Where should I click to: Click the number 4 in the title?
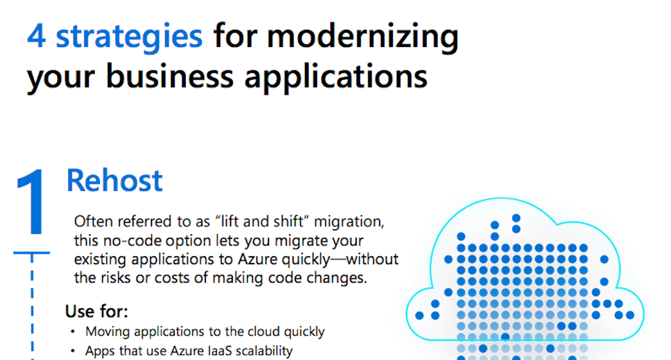(x=37, y=36)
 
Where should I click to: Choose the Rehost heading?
(x=115, y=181)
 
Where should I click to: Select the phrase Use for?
(x=96, y=312)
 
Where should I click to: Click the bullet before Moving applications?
(x=73, y=332)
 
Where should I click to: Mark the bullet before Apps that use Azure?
(x=73, y=351)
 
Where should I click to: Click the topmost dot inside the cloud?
(x=516, y=218)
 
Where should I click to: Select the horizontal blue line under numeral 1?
(x=32, y=252)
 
